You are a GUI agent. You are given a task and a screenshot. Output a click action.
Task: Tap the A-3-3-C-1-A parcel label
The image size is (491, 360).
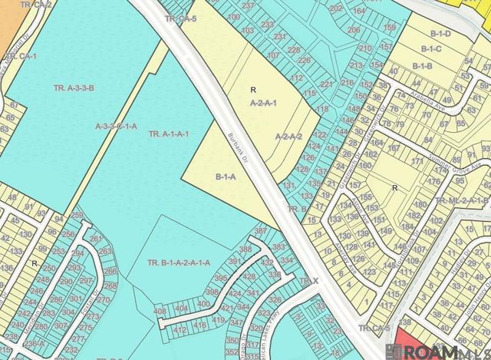coord(115,126)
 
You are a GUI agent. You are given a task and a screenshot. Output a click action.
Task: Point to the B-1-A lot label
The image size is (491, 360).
coord(225,177)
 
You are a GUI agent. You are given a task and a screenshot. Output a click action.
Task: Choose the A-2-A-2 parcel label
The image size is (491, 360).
coord(288,137)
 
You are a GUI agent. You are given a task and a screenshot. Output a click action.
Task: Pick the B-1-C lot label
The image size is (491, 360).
coord(431,49)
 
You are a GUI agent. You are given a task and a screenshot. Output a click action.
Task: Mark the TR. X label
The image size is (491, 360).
coord(309,282)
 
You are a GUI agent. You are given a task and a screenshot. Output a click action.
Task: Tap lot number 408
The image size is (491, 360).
coord(160,311)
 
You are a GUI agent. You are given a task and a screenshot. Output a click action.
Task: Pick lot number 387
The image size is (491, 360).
coord(260,231)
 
